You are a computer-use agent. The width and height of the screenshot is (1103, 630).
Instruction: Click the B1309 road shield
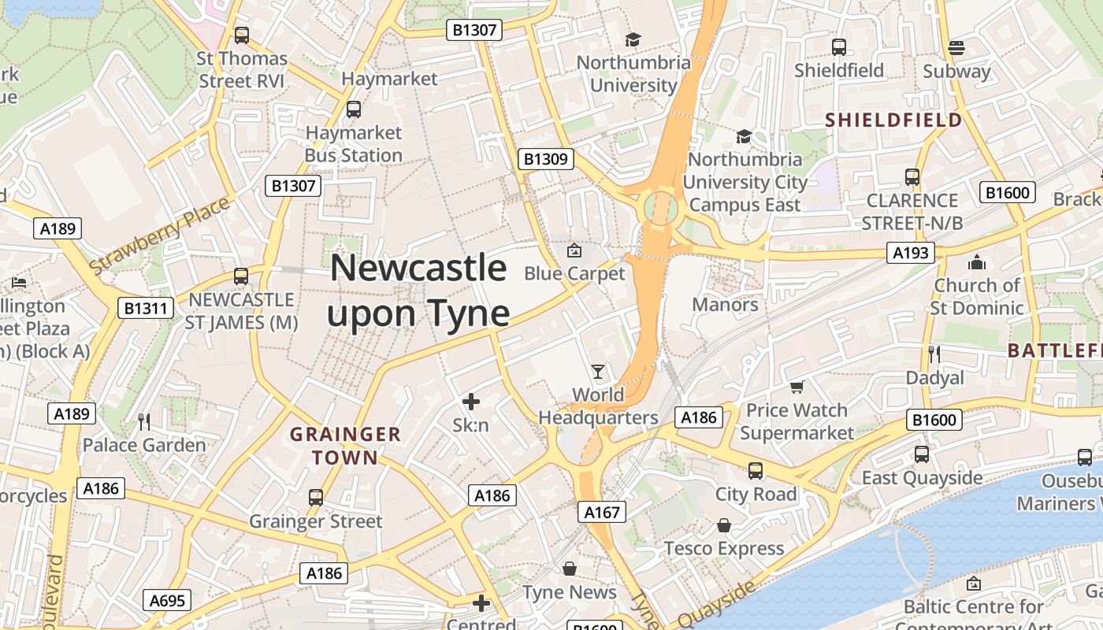tap(546, 159)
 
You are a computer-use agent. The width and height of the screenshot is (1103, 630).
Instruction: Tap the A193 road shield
tap(910, 253)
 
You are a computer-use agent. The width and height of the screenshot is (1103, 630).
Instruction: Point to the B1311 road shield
tap(147, 307)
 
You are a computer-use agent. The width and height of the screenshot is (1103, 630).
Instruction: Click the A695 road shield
tap(167, 601)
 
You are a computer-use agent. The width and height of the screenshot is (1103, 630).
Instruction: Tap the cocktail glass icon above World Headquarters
tap(598, 371)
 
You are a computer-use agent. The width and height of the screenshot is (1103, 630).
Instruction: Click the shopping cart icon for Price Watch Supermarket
tap(797, 387)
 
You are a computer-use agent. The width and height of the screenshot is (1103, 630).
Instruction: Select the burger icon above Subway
tap(956, 47)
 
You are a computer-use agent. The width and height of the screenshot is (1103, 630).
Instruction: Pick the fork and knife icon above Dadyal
tap(934, 354)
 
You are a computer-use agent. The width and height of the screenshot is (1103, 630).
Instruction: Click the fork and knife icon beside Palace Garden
tap(144, 422)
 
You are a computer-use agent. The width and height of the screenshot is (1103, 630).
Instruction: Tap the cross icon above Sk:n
tap(471, 402)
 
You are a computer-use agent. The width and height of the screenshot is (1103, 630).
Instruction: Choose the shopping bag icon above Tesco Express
tap(723, 525)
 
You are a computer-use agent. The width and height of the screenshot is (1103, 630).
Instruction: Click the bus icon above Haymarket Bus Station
tap(354, 109)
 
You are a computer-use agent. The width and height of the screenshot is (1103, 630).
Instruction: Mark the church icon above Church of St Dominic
tap(977, 261)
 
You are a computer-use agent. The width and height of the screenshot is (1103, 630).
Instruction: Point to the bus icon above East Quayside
tap(922, 454)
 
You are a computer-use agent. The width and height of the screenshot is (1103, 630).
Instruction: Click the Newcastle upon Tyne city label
tap(418, 291)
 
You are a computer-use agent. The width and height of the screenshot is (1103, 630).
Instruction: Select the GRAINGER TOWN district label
tap(346, 445)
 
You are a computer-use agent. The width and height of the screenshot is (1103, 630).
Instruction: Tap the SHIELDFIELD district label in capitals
tap(893, 120)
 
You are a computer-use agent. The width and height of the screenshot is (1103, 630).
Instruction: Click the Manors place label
tap(725, 305)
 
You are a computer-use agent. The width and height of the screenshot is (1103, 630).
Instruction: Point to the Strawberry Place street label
tap(159, 235)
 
